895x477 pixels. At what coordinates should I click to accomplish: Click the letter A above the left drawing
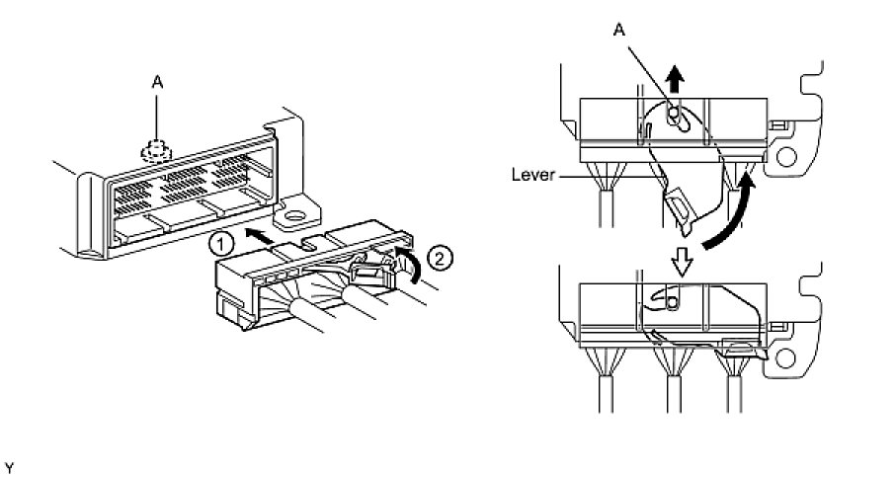(x=156, y=84)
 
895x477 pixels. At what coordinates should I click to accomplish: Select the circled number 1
(x=224, y=240)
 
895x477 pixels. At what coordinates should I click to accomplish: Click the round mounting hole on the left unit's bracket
(x=292, y=214)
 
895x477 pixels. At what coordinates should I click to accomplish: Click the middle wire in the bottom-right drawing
(x=672, y=385)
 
